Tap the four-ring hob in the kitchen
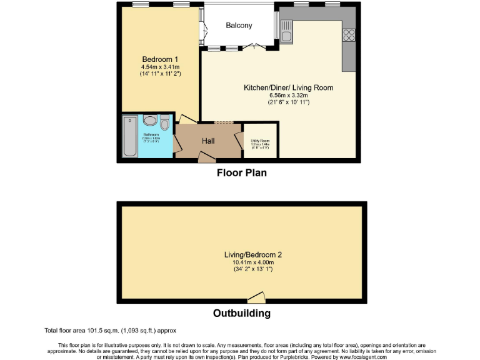click(349, 35)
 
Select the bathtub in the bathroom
click(129, 136)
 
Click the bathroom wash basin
click(150, 120)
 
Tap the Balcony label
click(239, 26)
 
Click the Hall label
click(208, 141)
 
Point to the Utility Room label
click(260, 141)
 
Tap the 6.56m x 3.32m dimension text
click(288, 96)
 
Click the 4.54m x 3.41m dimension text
click(160, 66)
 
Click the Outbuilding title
click(242, 313)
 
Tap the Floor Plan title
click(241, 172)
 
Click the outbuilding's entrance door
click(256, 298)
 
